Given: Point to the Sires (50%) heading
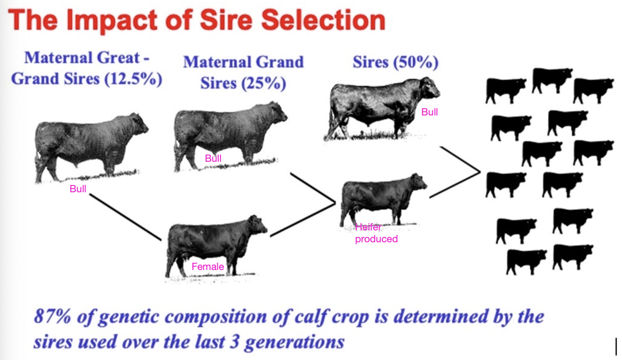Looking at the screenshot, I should tap(395, 62).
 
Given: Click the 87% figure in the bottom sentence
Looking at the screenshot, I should tap(51, 316).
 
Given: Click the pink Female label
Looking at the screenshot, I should tap(208, 267).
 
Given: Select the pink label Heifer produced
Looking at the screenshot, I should tap(376, 233).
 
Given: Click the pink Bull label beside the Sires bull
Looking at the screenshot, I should tap(429, 112).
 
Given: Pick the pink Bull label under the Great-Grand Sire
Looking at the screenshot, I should tap(78, 189).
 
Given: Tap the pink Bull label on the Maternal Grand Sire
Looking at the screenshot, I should tap(213, 159).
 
